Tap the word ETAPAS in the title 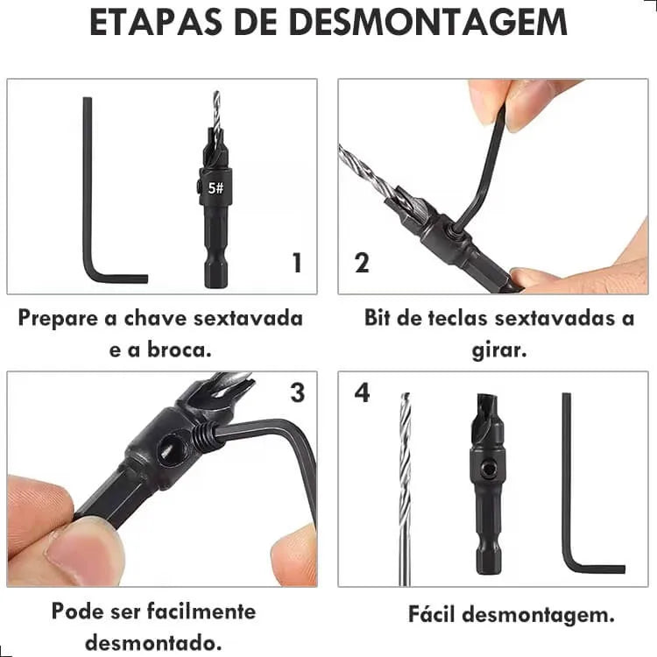(x=156, y=22)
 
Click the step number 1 (x=297, y=263)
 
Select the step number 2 (x=362, y=263)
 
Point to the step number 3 (x=298, y=392)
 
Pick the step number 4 (x=363, y=392)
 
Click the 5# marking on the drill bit (x=215, y=188)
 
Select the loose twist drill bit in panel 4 (x=405, y=488)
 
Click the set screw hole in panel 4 (x=487, y=470)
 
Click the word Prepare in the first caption (x=59, y=319)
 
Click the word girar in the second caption (x=498, y=350)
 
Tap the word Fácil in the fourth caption (x=432, y=614)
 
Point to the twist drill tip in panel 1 (x=216, y=93)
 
